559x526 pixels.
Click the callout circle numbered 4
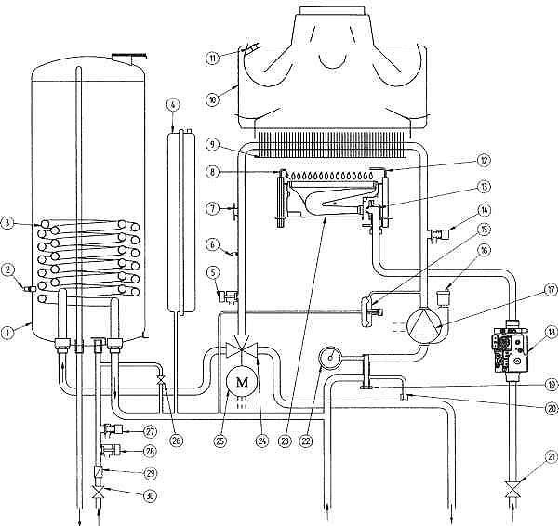(x=173, y=105)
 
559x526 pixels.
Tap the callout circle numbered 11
(x=213, y=58)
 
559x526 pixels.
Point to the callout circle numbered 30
(x=150, y=495)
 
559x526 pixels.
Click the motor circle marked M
(x=243, y=382)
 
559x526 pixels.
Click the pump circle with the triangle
(x=424, y=326)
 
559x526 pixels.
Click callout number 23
(x=285, y=441)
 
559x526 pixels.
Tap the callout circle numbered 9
(x=213, y=146)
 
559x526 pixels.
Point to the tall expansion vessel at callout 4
(x=181, y=222)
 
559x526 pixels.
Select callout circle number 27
(x=150, y=431)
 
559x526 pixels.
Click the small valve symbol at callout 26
(x=161, y=380)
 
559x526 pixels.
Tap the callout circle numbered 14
(x=484, y=210)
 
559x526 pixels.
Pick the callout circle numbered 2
(x=7, y=270)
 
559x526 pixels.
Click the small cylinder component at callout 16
(x=443, y=297)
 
